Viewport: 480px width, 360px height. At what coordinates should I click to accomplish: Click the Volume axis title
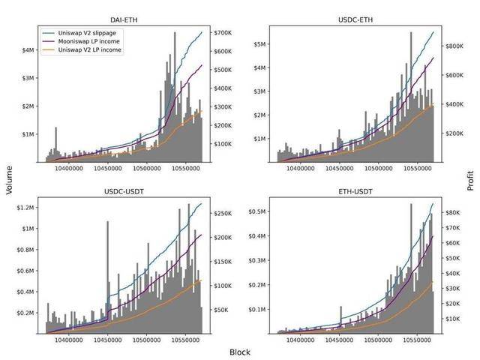[x=10, y=180]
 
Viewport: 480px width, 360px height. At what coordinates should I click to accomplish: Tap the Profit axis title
[x=470, y=180]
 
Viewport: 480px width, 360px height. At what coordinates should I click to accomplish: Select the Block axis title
[x=240, y=351]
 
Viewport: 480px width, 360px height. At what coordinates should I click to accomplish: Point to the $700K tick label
[x=226, y=33]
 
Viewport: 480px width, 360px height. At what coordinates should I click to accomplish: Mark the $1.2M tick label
[x=25, y=207]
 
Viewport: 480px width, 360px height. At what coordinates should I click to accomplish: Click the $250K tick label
[x=226, y=214]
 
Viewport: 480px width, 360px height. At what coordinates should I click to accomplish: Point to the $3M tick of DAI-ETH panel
[x=29, y=78]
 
